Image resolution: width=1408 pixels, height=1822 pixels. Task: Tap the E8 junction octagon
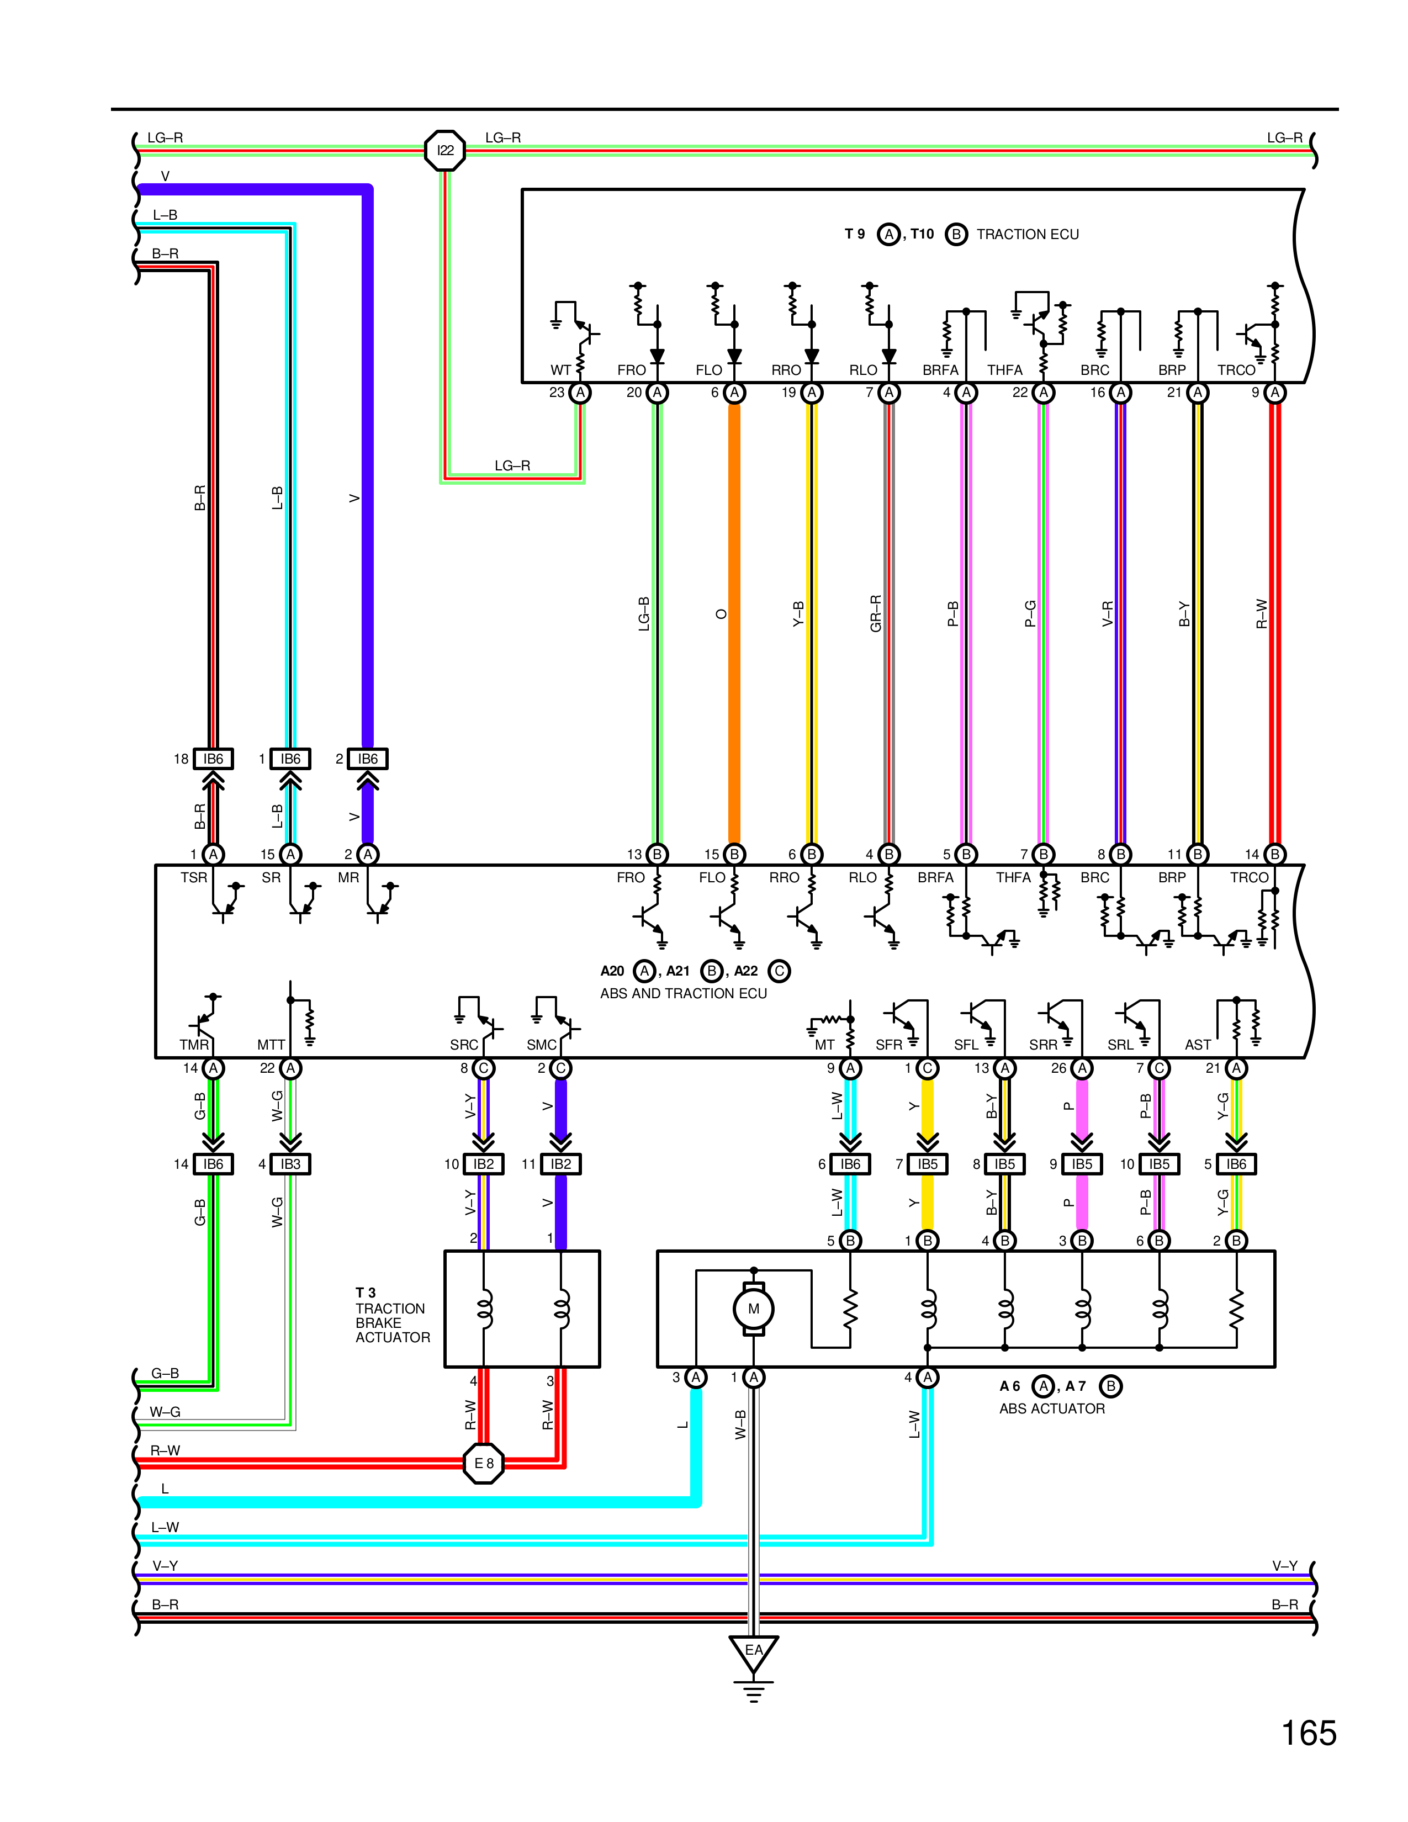coord(484,1463)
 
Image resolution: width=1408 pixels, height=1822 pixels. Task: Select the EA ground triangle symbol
coord(753,1652)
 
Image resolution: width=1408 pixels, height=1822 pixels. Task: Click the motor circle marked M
coord(753,1309)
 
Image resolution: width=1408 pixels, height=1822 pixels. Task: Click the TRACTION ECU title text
coord(1027,235)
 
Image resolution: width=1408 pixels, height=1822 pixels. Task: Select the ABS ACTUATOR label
coord(1052,1408)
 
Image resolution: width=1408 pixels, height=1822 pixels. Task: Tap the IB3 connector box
coord(290,1164)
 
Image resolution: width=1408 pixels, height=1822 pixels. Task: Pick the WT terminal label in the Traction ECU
coord(560,369)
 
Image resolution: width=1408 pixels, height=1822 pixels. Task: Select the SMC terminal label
coord(541,1045)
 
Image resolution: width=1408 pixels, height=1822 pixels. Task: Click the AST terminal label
coord(1198,1045)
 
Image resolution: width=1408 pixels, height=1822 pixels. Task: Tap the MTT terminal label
coord(271,1045)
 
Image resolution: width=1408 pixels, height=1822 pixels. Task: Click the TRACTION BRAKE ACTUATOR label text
coord(392,1322)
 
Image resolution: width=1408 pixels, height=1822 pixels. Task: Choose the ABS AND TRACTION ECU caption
coord(683,993)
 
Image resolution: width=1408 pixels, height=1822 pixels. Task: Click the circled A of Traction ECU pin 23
coord(580,392)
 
